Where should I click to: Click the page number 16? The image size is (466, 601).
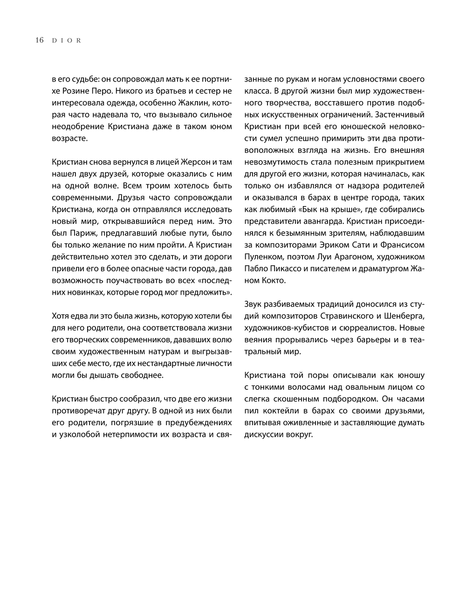click(39, 40)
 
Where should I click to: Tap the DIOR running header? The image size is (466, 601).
click(67, 41)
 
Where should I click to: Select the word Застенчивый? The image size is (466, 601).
click(403, 114)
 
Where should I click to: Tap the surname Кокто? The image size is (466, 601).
click(271, 280)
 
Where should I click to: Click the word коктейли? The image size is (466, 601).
click(278, 411)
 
